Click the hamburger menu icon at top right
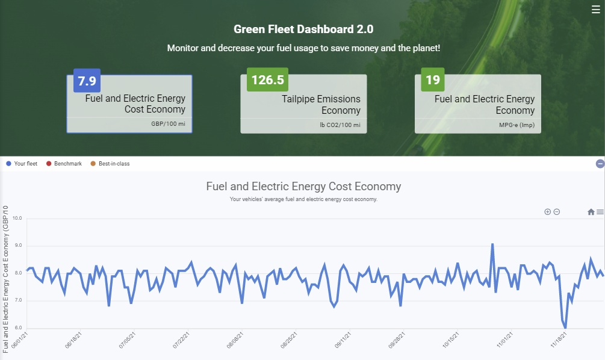click(x=596, y=9)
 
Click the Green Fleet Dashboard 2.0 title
click(x=303, y=29)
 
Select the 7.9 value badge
click(x=87, y=81)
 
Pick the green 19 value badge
click(x=432, y=80)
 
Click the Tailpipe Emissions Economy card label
click(x=321, y=104)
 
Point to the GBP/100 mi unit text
click(x=168, y=123)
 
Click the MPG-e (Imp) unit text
click(x=517, y=125)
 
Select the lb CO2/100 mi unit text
click(x=340, y=125)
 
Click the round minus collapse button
click(x=600, y=164)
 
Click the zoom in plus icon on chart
click(x=547, y=212)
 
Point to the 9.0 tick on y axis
click(x=16, y=246)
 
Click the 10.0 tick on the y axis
click(x=16, y=219)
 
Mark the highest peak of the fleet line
click(x=492, y=244)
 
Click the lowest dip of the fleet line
click(x=565, y=328)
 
